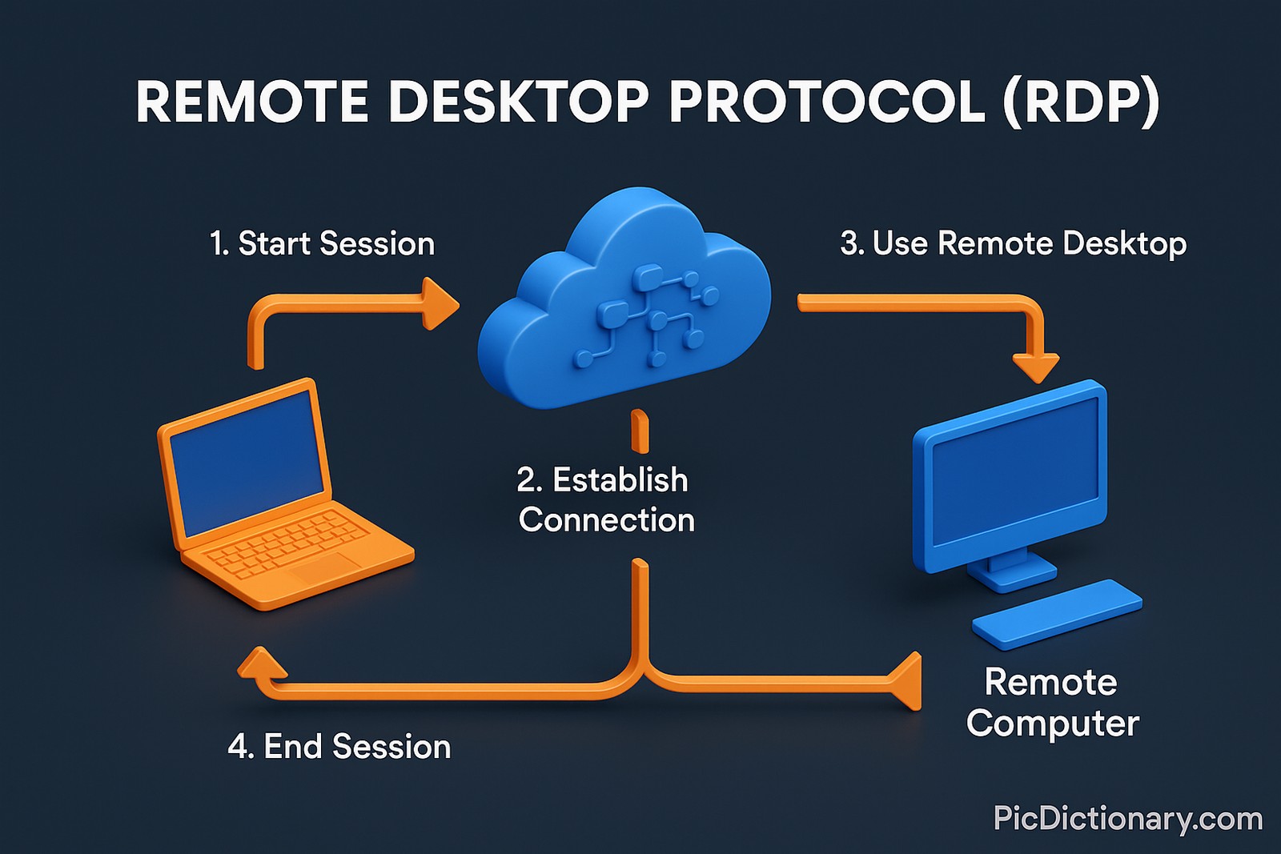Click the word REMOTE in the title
[251, 102]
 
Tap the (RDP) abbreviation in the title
[1080, 102]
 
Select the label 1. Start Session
[322, 243]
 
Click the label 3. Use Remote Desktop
[1013, 243]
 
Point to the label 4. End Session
[339, 747]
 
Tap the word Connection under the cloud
[606, 520]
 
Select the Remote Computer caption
[1052, 703]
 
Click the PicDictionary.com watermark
[1127, 819]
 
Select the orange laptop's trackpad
[326, 569]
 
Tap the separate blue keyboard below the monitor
[1057, 612]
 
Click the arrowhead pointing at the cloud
[440, 304]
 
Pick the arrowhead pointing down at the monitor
[1037, 367]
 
